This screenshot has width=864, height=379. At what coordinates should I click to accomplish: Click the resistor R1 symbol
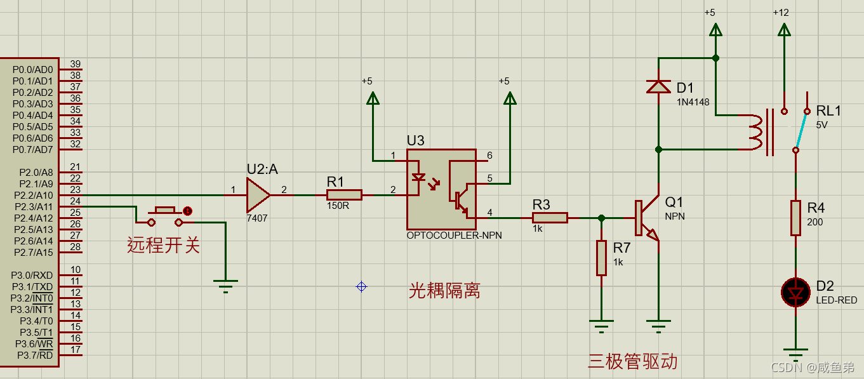pos(344,195)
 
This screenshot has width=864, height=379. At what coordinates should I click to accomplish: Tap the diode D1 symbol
pos(658,86)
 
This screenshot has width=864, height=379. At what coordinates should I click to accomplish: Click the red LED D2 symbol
pos(795,292)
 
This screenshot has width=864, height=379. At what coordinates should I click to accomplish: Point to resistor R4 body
pos(795,218)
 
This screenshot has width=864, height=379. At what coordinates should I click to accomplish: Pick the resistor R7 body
pos(601,258)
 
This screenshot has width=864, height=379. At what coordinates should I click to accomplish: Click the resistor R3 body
pos(550,218)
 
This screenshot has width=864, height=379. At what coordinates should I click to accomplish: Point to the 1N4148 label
pos(693,102)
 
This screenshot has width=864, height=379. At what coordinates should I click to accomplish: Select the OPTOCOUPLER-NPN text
pos(454,236)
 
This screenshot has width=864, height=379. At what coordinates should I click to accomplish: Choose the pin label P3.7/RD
pos(36,355)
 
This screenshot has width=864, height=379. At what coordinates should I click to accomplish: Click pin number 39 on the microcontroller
pos(75,64)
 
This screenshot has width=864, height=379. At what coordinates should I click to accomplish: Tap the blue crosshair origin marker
pos(361,286)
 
